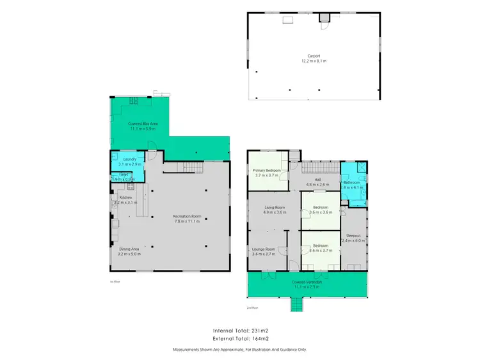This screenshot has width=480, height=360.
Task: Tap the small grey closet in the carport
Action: pos(324,17)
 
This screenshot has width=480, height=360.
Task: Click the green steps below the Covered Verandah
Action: pos(298,306)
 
